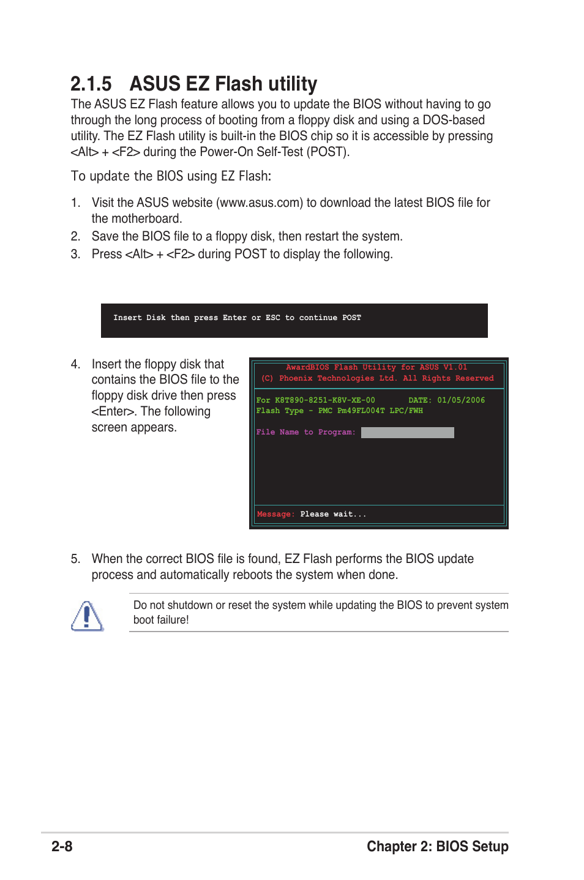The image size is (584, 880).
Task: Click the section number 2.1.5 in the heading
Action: [x=91, y=84]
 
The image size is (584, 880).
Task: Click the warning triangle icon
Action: [x=87, y=616]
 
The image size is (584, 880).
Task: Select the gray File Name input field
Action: [x=407, y=433]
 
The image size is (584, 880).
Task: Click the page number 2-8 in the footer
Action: [x=62, y=846]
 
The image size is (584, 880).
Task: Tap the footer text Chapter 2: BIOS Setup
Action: [x=437, y=846]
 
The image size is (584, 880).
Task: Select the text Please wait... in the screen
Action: [x=333, y=514]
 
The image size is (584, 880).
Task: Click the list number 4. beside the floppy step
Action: [x=75, y=364]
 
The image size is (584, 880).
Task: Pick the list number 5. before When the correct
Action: [x=75, y=559]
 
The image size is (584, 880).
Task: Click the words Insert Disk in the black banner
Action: [x=139, y=318]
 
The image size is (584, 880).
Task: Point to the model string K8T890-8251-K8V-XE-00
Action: [x=324, y=400]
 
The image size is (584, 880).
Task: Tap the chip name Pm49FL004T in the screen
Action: [x=361, y=411]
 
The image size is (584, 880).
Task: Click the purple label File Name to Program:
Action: [x=305, y=432]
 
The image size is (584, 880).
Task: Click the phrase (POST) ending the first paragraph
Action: [x=328, y=152]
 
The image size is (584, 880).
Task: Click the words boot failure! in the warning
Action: [x=161, y=620]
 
